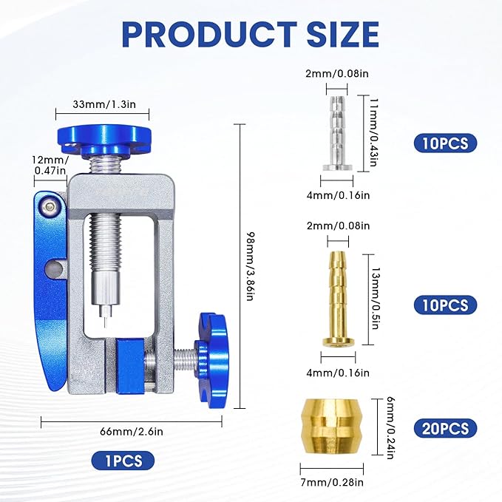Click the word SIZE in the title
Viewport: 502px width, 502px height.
coord(342,34)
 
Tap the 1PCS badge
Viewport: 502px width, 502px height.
coord(123,461)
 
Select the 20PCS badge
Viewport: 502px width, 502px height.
coord(445,428)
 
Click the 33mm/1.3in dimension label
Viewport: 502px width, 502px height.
coord(104,104)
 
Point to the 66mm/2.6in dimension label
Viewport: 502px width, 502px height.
coord(132,432)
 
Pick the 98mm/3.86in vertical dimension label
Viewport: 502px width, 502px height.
coord(251,266)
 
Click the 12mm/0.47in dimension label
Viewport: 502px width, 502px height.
coord(50,165)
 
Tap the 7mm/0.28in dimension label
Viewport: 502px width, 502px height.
coord(332,482)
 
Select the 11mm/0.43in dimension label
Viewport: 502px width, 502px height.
coord(373,132)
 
